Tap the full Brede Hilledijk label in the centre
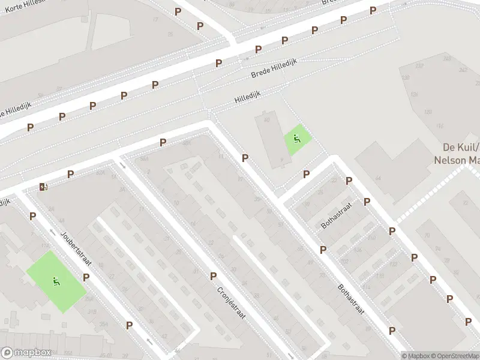click(271, 71)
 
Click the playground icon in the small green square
click(296, 139)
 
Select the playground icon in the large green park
click(56, 280)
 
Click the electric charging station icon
click(43, 187)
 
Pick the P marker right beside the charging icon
click(70, 174)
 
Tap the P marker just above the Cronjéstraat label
click(213, 276)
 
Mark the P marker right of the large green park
click(86, 277)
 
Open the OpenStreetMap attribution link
click(455, 355)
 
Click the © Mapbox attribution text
click(416, 355)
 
